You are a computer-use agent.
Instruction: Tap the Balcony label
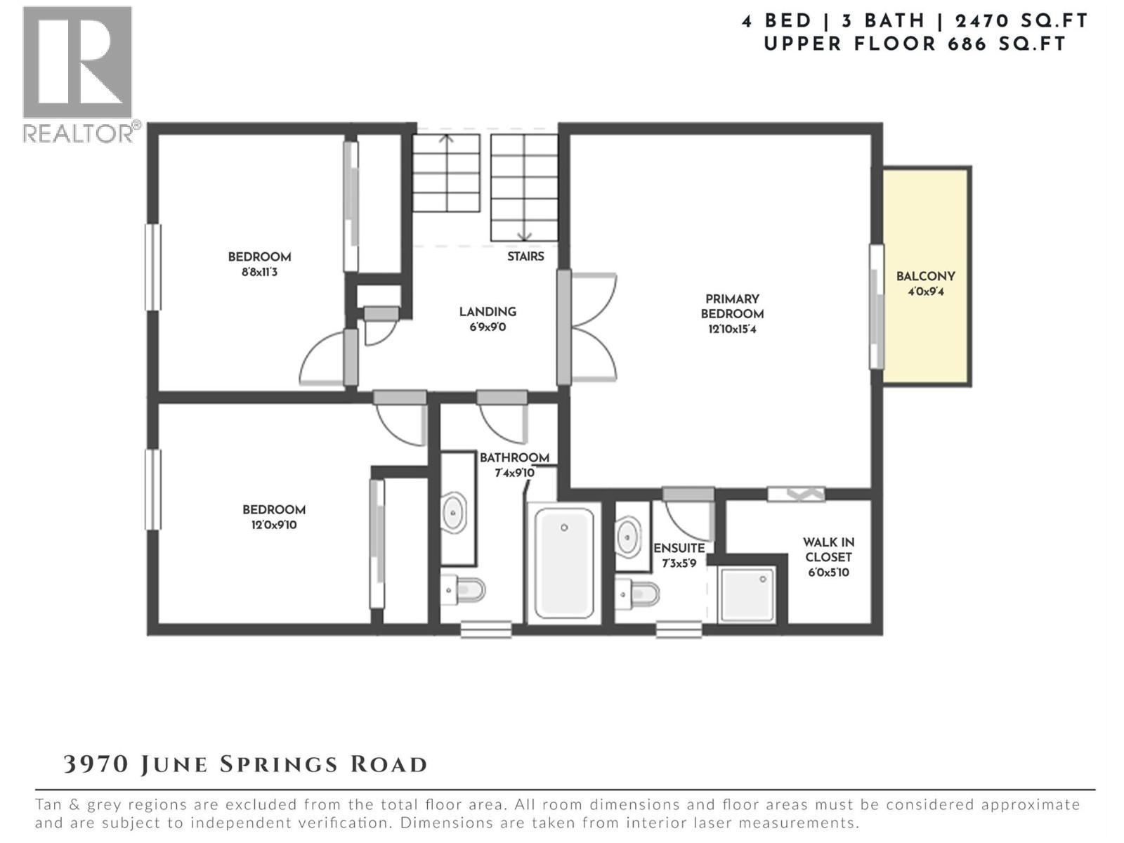pos(925,277)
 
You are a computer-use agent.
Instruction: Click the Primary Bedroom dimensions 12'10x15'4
pos(732,329)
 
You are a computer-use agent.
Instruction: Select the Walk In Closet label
pos(828,549)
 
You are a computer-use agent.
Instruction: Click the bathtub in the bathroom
pos(563,562)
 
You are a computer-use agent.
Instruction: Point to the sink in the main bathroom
pos(454,513)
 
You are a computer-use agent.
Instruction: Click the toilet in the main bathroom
pos(464,590)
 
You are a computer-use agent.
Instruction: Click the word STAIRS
pos(525,256)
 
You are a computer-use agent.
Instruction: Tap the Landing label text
pos(488,312)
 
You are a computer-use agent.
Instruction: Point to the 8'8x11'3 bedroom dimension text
pos(259,273)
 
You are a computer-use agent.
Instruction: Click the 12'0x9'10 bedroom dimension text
pos(274,525)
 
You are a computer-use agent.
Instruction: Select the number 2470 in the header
pos(987,21)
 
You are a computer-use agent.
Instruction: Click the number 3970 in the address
pos(96,764)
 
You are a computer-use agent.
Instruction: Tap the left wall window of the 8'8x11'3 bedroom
pos(152,267)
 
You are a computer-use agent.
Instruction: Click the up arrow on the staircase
pos(447,140)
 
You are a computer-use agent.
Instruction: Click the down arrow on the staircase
pos(524,235)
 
